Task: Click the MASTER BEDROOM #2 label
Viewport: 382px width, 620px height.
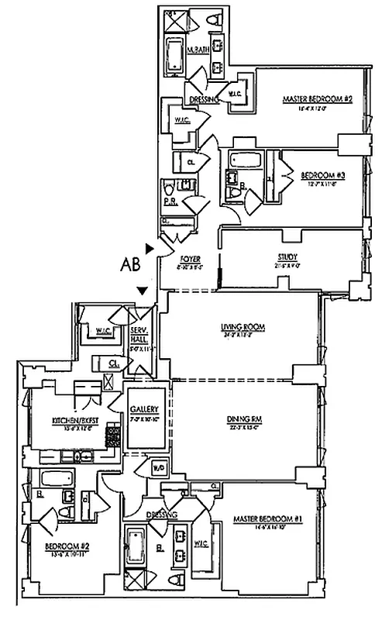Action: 305,99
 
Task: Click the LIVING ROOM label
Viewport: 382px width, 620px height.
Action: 243,327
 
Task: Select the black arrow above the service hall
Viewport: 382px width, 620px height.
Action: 142,290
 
